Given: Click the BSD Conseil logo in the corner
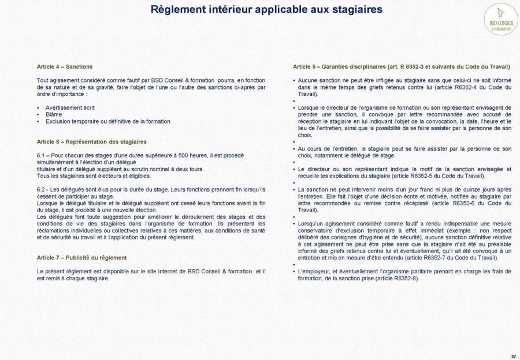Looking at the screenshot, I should point(500,19).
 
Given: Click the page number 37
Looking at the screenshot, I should point(514,356).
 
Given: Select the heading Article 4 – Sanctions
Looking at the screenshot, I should point(65,67).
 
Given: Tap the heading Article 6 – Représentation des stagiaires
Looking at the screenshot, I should point(91,142).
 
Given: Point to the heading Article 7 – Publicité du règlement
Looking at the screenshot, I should point(81,257).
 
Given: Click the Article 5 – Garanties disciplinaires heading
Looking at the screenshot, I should point(402,67).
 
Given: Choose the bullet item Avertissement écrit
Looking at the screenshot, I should point(70,107).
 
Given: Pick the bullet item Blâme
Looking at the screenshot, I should point(54,114).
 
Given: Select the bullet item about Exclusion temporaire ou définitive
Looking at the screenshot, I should point(108,121).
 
